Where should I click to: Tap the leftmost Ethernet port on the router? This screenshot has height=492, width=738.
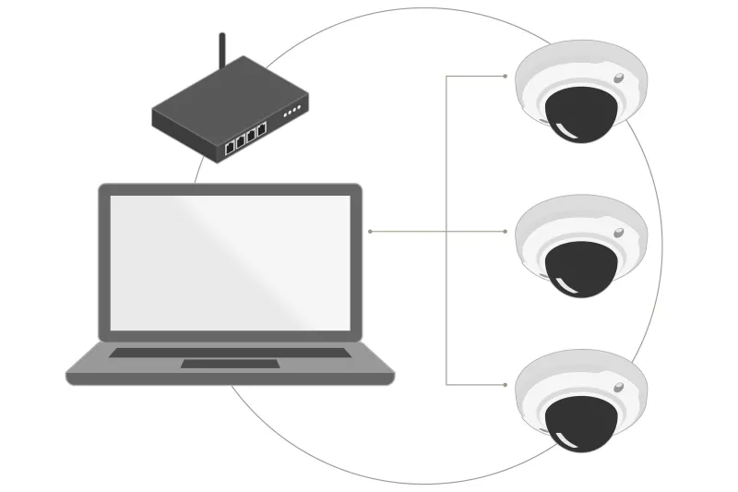pos(229,146)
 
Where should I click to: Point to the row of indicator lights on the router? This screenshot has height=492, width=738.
pos(292,112)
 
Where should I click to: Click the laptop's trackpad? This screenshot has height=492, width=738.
pos(229,363)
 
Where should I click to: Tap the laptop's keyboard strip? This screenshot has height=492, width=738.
pos(230,352)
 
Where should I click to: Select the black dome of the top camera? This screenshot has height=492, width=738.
pos(580,114)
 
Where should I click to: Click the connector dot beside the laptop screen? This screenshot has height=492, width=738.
pos(370,231)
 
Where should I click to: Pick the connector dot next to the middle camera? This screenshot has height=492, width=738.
pos(505,231)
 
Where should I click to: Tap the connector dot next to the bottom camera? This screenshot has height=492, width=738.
pos(505,384)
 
